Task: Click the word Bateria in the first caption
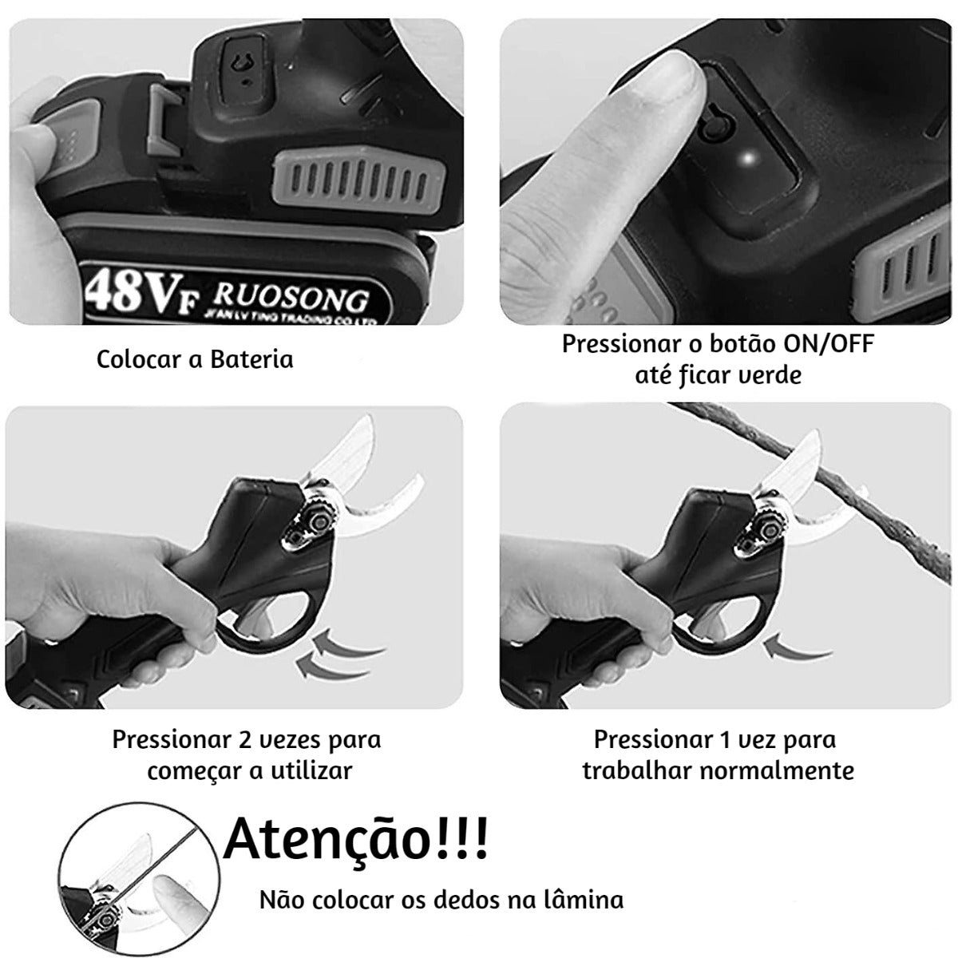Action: (252, 359)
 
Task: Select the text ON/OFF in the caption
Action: (829, 344)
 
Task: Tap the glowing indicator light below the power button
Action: (746, 159)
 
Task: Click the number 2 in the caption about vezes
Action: (245, 739)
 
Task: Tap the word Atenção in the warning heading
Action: (327, 838)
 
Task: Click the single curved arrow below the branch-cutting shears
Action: (798, 647)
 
